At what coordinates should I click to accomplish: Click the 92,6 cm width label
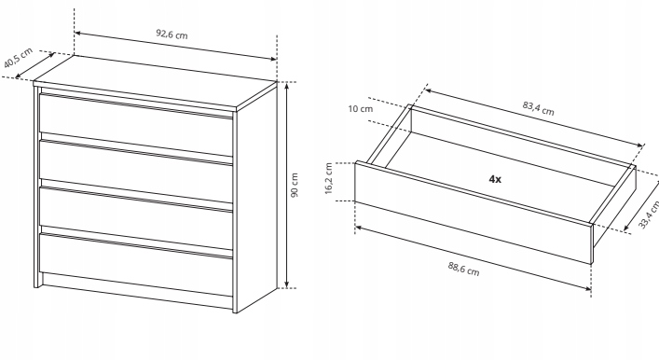pos(172,35)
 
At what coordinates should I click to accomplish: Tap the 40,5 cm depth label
pos(18,58)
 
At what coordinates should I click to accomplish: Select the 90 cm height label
pos(295,185)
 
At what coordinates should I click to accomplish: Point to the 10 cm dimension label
pos(360,109)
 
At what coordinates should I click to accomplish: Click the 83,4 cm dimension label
pos(539,108)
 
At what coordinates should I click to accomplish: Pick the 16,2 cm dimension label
pos(329,178)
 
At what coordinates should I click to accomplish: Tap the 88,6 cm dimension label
pos(463,269)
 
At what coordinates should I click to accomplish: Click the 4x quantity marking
pos(495,179)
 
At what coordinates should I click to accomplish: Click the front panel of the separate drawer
pos(474,213)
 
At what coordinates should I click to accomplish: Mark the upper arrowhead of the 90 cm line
pos(287,86)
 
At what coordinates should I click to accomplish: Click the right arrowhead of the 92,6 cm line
pos(273,59)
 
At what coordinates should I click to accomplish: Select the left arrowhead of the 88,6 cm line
pos(359,228)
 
